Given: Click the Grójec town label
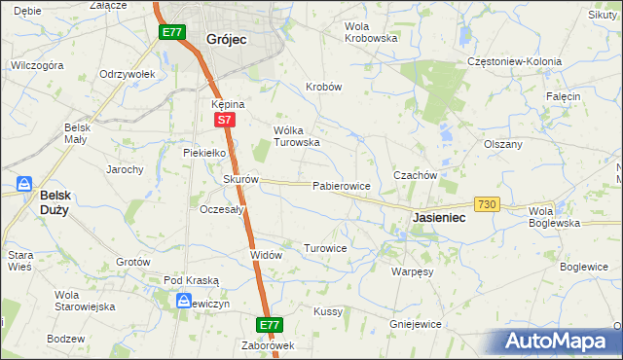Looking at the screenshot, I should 225,40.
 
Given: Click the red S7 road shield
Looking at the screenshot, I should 224,120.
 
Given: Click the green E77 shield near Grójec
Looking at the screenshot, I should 171,32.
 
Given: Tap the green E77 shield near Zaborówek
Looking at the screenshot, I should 271,324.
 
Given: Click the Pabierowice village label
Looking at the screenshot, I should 341,185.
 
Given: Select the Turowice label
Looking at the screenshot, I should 325,248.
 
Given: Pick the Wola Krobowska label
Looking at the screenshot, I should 372,32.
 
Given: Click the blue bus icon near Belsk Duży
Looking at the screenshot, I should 24,184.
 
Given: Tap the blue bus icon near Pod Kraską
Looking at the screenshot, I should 185,302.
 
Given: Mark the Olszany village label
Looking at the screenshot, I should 503,144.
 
